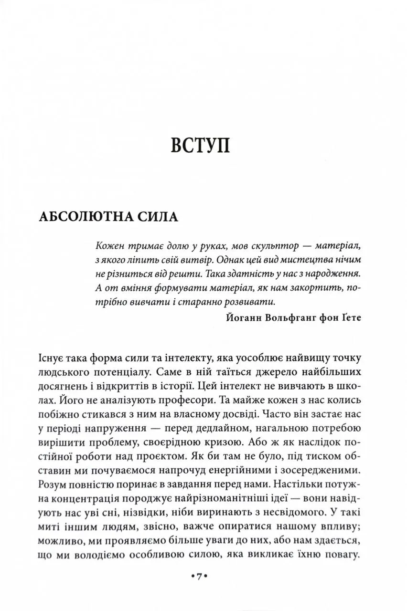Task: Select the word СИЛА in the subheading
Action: click(158, 217)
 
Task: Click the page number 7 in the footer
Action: click(200, 577)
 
